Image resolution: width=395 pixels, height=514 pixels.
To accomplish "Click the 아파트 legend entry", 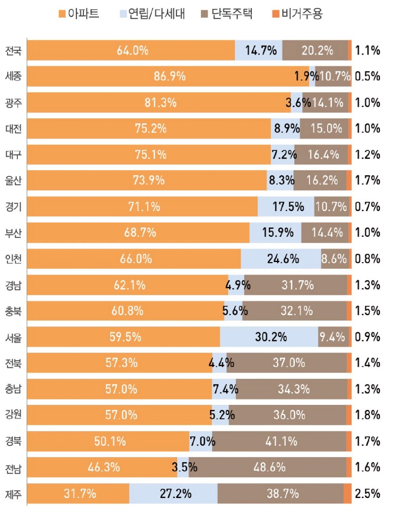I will pos(80,14).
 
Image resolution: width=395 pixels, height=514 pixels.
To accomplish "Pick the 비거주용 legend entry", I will pos(297,14).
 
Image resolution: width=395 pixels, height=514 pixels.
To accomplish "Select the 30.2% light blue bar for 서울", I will pos(269,337).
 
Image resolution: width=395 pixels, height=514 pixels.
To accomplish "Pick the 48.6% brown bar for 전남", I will pos(267,467).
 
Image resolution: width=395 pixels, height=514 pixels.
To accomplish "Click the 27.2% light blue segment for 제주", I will pos(173,493).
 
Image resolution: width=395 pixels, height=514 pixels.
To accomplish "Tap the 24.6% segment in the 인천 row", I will pos(281,259).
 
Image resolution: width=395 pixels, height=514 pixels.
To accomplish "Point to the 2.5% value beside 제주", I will pos(368,493).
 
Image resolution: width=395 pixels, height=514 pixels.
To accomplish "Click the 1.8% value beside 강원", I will pos(368,415).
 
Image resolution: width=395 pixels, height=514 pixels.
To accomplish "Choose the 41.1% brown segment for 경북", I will pos(279,441).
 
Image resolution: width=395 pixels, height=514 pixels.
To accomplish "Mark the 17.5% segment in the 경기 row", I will pos(286,207).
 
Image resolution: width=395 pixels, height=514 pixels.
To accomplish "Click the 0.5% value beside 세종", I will pos(368,76).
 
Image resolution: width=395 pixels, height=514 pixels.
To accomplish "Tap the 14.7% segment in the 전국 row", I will pos(258,51).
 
